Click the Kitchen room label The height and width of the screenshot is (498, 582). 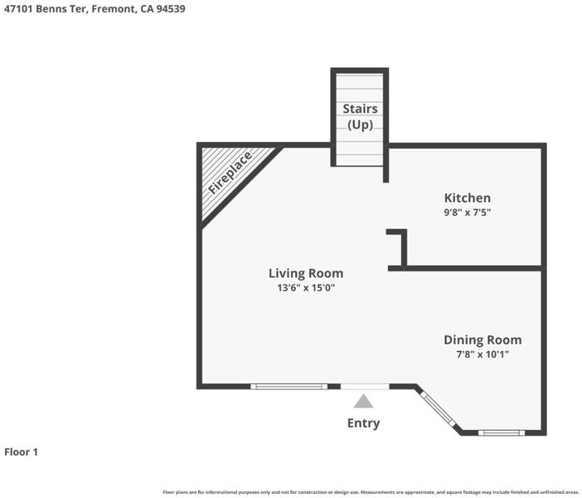click(468, 198)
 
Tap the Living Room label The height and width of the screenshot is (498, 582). click(306, 273)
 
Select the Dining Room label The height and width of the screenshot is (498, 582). click(483, 339)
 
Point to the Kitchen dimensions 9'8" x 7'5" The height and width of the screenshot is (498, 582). click(468, 212)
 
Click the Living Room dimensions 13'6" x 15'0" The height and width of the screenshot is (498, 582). click(306, 287)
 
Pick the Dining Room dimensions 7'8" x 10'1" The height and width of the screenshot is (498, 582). click(483, 354)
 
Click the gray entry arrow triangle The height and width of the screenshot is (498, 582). click(363, 401)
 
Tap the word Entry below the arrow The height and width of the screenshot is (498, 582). click(363, 423)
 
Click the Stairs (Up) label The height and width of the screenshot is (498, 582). click(360, 116)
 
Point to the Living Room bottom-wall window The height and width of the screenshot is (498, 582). click(289, 387)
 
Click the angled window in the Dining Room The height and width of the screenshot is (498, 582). click(439, 409)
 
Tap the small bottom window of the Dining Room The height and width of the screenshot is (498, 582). click(502, 432)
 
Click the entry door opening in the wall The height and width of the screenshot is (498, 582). click(365, 387)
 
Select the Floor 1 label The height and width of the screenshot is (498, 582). click(22, 452)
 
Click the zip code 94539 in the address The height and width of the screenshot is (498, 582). click(170, 9)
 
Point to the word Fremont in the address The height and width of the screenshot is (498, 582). click(114, 9)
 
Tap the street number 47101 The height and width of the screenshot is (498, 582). click(18, 9)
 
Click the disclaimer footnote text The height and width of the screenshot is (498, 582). click(371, 492)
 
